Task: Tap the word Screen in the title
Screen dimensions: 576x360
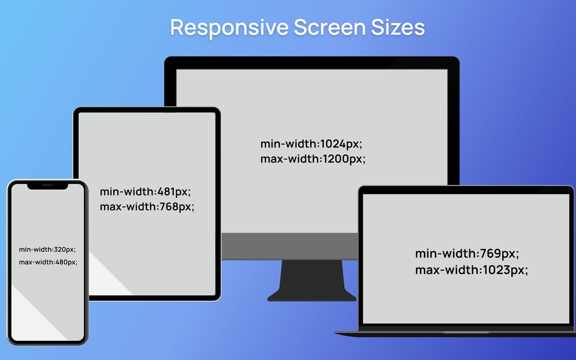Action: (x=330, y=27)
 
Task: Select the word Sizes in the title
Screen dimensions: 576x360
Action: (x=398, y=27)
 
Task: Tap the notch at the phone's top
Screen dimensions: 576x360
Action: (x=48, y=186)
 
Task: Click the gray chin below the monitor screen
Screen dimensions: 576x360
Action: (x=289, y=246)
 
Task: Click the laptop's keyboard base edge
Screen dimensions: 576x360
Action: (x=455, y=334)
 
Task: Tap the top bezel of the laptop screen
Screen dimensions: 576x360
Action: (x=466, y=190)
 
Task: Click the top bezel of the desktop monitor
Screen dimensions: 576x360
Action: (x=312, y=63)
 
